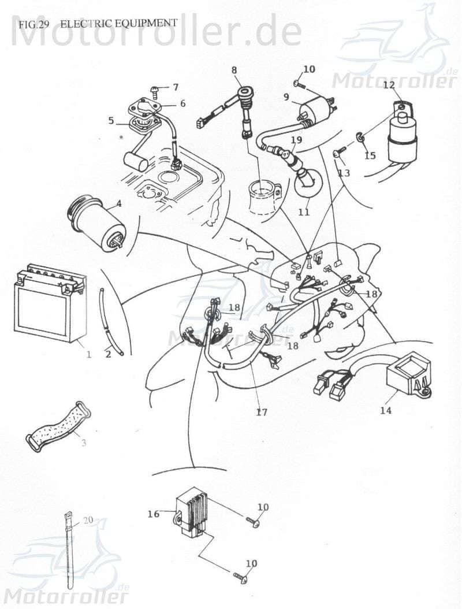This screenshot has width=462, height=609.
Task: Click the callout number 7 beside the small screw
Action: (x=176, y=87)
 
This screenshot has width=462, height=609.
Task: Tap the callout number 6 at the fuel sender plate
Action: (x=182, y=103)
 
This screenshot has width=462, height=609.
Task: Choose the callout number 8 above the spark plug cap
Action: (x=234, y=70)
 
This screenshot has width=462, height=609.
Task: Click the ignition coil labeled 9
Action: (x=315, y=107)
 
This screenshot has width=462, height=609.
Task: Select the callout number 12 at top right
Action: (x=388, y=84)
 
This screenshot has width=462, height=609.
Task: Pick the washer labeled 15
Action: (x=360, y=137)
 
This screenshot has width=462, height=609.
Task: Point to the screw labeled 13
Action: (x=340, y=153)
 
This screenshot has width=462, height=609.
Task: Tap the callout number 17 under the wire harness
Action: (x=262, y=412)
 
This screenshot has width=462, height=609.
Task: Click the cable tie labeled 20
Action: (x=69, y=549)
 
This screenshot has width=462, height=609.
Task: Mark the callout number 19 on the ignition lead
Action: (x=296, y=140)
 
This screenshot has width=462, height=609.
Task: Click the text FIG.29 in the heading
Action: (x=28, y=24)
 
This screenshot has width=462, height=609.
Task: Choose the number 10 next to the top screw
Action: (x=310, y=69)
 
